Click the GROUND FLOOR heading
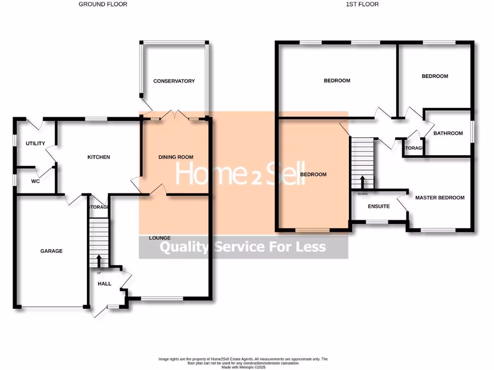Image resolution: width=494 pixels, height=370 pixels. click(103, 4)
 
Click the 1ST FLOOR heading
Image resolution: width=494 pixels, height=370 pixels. click(362, 4)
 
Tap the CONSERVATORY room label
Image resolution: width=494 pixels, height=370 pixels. click(174, 81)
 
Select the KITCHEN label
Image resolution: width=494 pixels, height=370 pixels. click(98, 157)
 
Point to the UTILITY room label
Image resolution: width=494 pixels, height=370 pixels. click(35, 144)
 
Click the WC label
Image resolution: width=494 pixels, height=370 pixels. click(35, 182)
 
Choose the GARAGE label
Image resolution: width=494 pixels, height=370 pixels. click(51, 251)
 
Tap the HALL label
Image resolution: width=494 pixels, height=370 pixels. click(104, 284)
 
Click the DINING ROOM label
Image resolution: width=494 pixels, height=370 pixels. click(176, 157)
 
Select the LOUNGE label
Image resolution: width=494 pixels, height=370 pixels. click(160, 238)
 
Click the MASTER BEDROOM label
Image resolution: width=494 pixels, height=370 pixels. click(439, 198)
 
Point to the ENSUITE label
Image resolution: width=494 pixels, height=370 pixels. click(379, 206)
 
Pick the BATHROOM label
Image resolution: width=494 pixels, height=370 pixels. click(448, 133)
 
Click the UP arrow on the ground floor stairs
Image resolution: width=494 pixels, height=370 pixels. click(99, 261)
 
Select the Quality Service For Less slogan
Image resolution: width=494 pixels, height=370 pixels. click(243, 248)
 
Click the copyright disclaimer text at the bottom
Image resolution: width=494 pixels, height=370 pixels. click(243, 363)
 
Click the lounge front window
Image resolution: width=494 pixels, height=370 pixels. click(162, 299)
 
